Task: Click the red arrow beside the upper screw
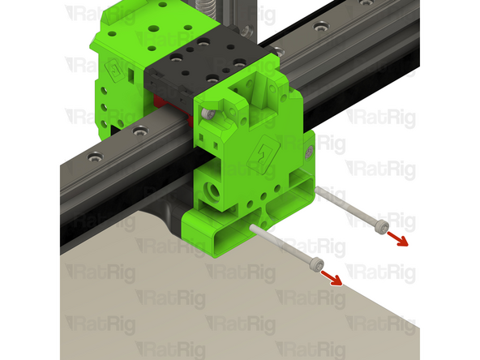396,237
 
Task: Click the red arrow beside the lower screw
330,278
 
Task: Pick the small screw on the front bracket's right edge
308,151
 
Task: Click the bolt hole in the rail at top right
324,27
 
